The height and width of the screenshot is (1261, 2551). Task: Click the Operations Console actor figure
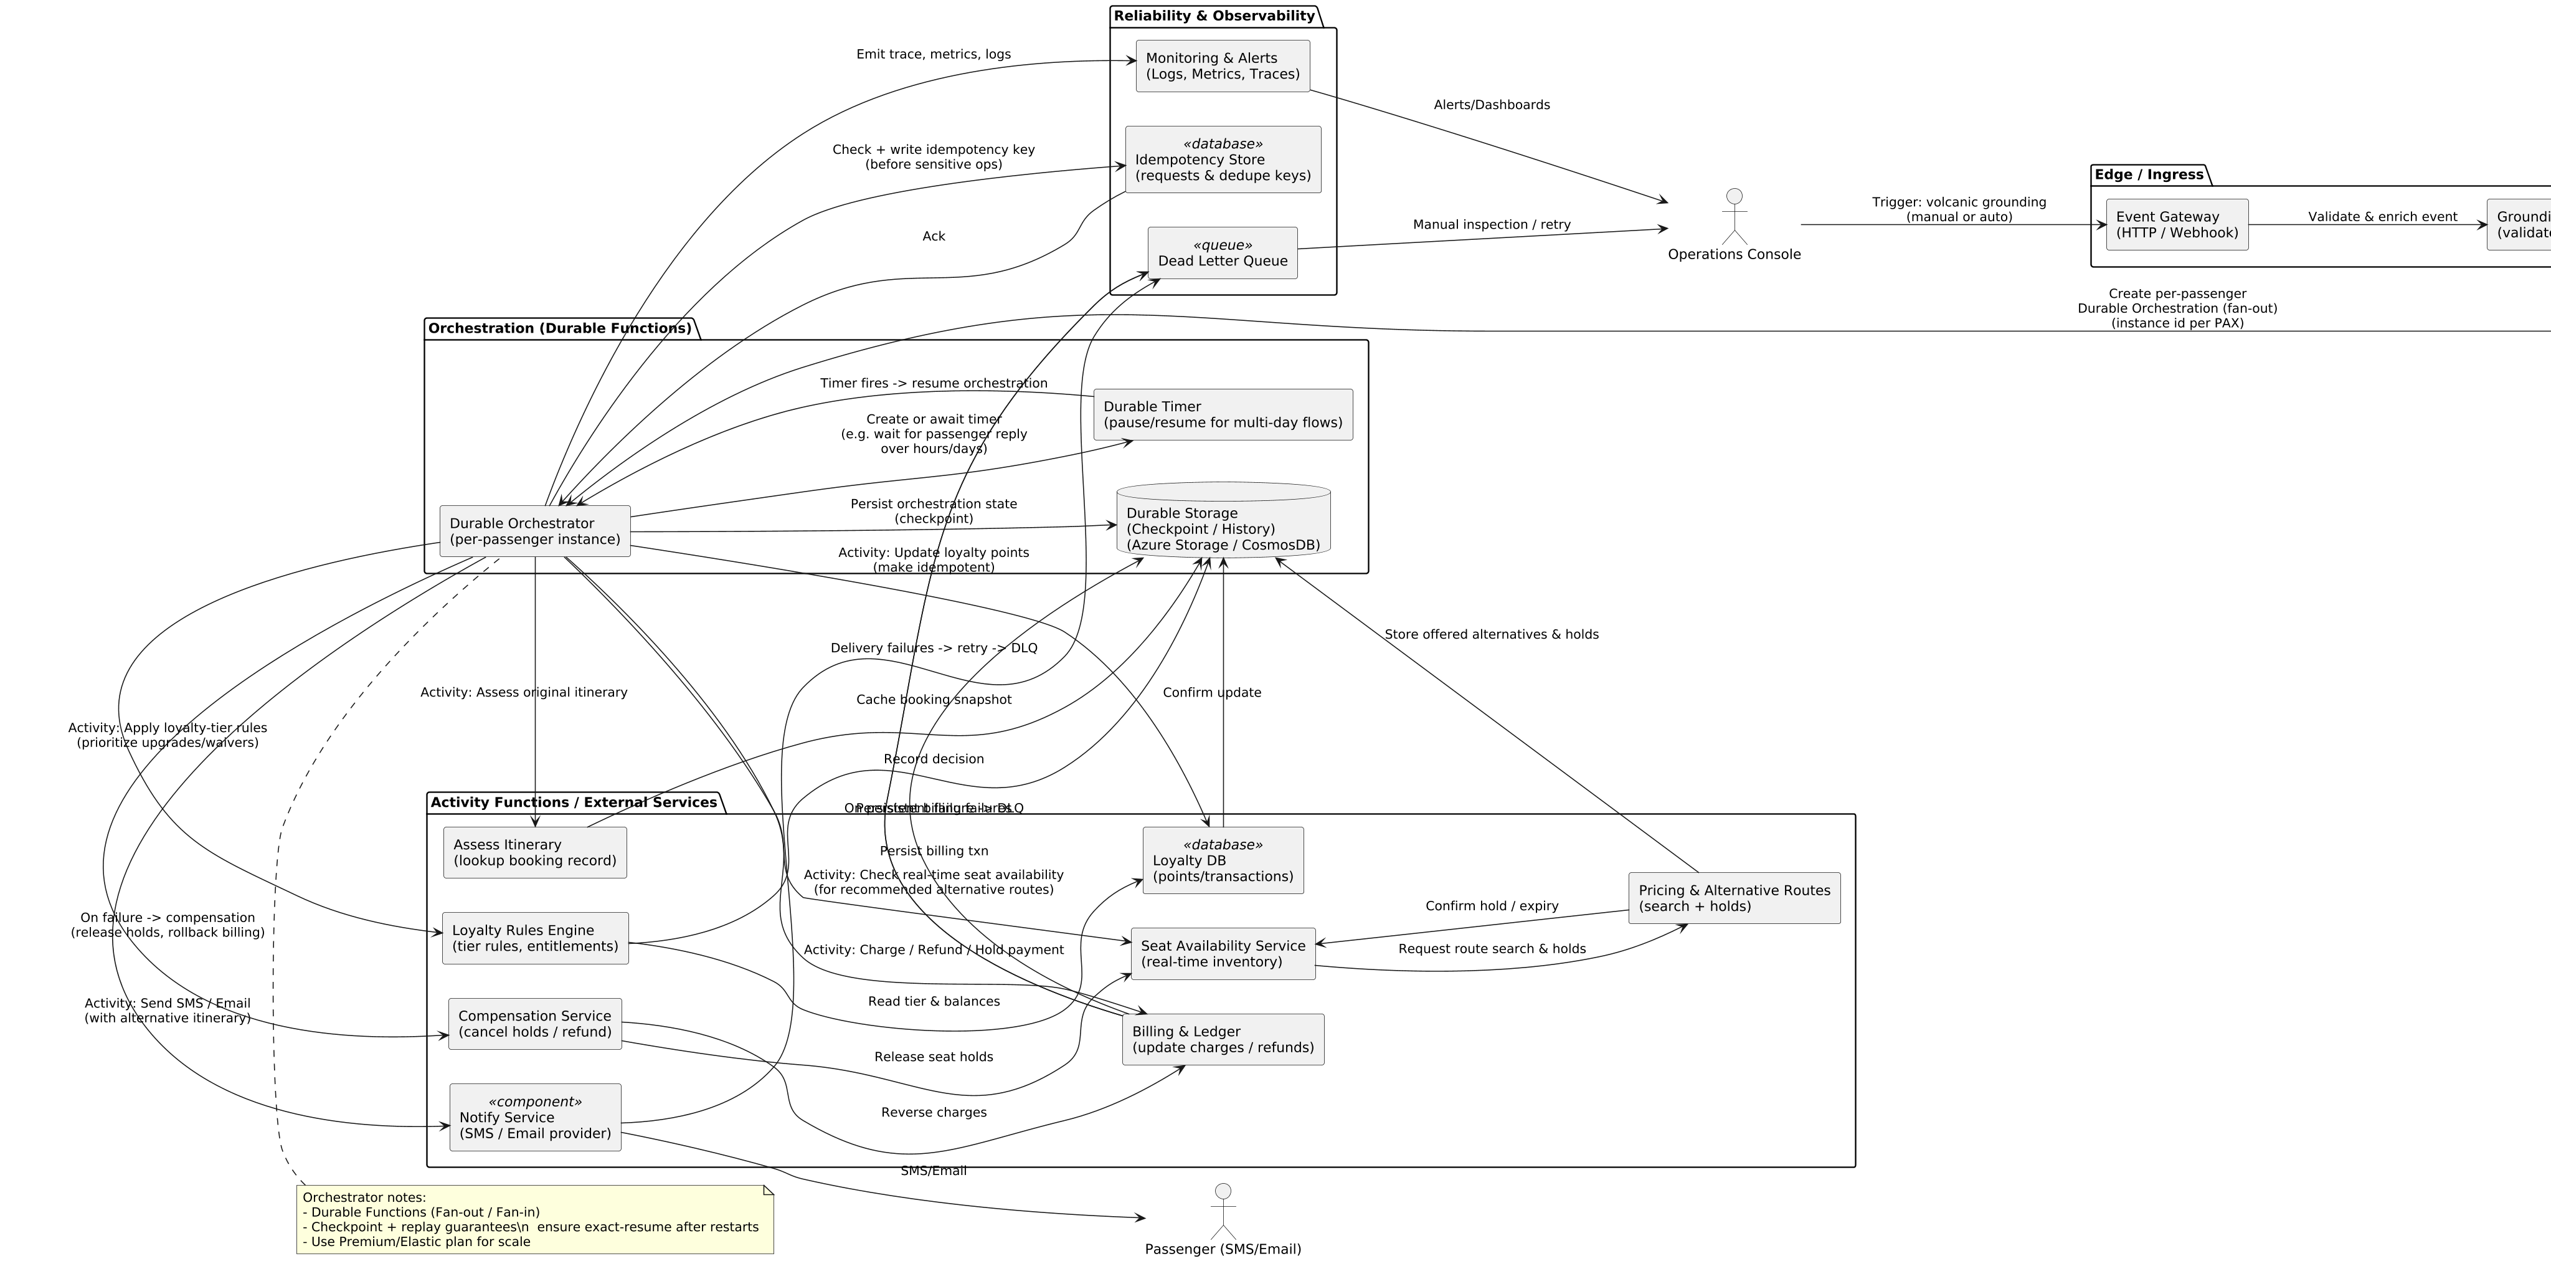click(x=1734, y=217)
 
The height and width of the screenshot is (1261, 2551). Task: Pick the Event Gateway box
click(x=2177, y=225)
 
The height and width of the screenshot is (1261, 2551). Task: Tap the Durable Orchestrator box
click(x=535, y=531)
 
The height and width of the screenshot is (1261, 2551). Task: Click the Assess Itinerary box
click(x=535, y=852)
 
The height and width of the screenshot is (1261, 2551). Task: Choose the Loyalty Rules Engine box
click(x=535, y=938)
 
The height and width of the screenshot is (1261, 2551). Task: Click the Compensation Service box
click(x=535, y=1023)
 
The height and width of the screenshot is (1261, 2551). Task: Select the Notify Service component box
click(x=535, y=1117)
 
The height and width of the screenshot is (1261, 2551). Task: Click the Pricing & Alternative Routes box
click(x=1733, y=898)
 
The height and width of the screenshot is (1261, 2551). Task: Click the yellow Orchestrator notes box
click(x=535, y=1219)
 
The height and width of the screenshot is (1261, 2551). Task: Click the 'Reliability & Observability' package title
click(x=1213, y=16)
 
